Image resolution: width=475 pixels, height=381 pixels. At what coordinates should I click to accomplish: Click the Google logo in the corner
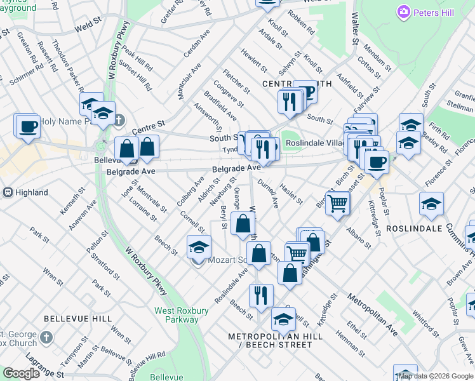point(22,373)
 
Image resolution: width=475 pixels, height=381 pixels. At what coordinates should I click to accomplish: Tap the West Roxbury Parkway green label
point(182,315)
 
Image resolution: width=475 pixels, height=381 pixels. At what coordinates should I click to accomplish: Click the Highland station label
point(31,192)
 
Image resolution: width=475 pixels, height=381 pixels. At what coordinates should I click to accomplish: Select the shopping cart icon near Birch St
point(338,203)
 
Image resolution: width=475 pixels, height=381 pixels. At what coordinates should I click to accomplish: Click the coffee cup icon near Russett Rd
point(27,126)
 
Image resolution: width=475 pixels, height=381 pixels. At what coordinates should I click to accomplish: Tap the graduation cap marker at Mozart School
point(199,246)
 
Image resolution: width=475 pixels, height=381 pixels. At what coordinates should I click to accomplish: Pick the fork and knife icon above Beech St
point(261,295)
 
